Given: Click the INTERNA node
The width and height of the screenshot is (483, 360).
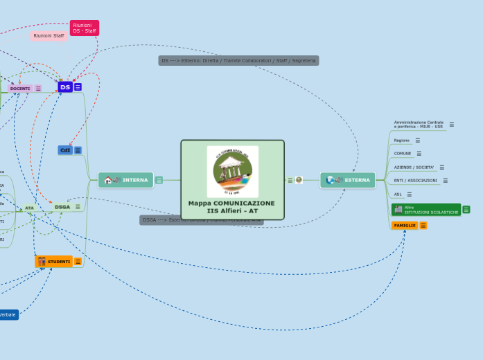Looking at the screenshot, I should [x=126, y=180].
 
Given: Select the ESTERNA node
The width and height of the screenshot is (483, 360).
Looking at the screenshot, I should [x=348, y=180].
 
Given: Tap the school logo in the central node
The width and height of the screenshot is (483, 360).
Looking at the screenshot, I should [x=232, y=171].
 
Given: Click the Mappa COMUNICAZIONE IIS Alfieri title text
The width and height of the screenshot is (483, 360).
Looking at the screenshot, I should [x=231, y=207].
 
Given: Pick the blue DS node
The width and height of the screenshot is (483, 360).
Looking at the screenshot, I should [x=65, y=87].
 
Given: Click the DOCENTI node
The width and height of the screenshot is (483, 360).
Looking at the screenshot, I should [x=20, y=89].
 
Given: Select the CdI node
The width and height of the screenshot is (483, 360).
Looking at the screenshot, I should [x=65, y=150].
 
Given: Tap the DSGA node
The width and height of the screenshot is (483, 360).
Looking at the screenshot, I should [x=62, y=206].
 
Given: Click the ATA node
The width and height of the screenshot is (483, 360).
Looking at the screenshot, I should [x=29, y=208].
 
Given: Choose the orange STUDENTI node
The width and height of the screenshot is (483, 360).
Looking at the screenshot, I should [x=54, y=262].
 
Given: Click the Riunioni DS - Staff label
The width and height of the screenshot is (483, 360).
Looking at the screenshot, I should [x=85, y=28].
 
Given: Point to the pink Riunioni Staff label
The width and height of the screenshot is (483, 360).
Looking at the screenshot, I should [x=49, y=35].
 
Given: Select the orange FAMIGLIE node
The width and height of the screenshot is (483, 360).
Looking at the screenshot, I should [x=405, y=225].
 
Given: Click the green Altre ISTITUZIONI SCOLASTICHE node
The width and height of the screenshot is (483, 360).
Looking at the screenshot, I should [x=426, y=210].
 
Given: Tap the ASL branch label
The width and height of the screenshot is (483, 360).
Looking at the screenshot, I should [x=398, y=195].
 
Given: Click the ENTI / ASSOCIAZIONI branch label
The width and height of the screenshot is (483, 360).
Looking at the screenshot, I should [x=415, y=181].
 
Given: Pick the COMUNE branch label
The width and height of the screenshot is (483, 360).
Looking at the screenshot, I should [x=402, y=153].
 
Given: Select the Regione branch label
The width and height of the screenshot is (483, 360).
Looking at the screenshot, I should [x=402, y=140].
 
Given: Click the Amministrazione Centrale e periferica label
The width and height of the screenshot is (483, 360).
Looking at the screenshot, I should [x=419, y=125].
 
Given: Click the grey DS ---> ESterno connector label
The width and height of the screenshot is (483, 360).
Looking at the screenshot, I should [x=238, y=61].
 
